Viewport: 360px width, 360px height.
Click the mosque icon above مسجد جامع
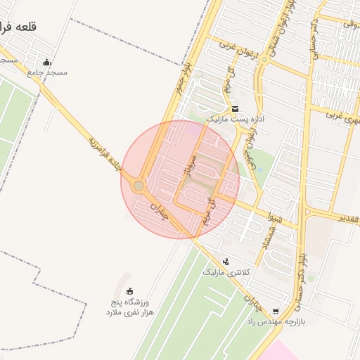point(46,62)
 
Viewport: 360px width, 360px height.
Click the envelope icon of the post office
point(235,109)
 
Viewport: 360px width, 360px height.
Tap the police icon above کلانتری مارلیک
point(226,262)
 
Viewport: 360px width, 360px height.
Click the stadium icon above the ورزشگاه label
point(129,291)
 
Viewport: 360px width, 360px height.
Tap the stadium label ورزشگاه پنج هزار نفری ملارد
point(133,306)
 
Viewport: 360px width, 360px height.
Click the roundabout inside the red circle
point(139,186)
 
